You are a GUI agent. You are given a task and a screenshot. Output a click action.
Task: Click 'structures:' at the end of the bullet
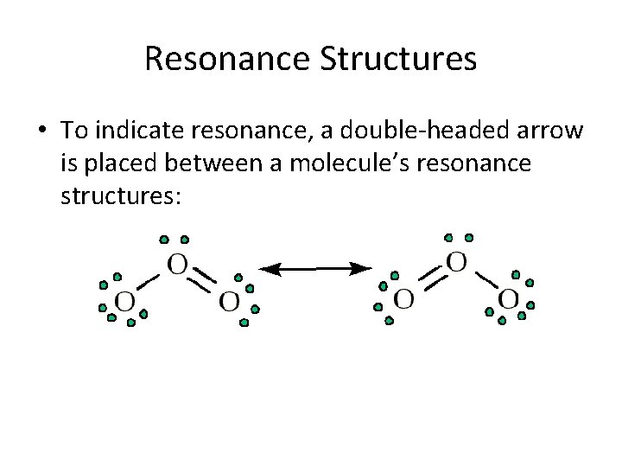click(x=121, y=197)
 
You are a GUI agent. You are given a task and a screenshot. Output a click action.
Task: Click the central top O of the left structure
click(x=177, y=265)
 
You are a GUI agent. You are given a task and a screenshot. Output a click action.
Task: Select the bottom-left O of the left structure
click(x=125, y=302)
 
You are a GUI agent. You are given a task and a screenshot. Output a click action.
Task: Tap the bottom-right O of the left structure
click(x=229, y=302)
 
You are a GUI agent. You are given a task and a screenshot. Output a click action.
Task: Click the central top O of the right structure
click(x=457, y=261)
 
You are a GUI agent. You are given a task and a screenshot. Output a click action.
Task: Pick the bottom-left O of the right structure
click(x=403, y=300)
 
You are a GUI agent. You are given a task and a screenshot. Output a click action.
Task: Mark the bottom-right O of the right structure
click(x=509, y=300)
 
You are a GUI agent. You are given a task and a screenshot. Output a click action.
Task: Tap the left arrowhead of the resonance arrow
click(x=270, y=270)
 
